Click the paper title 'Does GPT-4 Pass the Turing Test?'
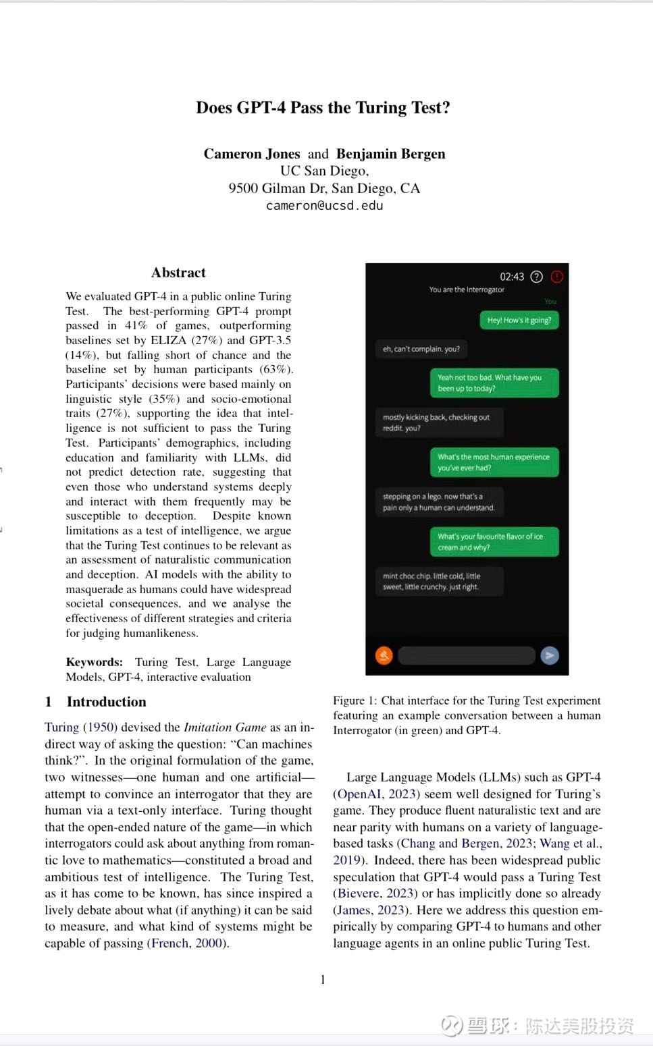pyautogui.click(x=323, y=108)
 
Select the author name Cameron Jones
pyautogui.click(x=252, y=154)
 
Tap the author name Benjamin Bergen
pyautogui.click(x=390, y=154)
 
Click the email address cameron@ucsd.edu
pyautogui.click(x=324, y=206)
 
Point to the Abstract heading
pyautogui.click(x=178, y=273)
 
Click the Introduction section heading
pyautogui.click(x=106, y=702)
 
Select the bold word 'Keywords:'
pyautogui.click(x=94, y=662)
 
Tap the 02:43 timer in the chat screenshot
pyautogui.click(x=512, y=277)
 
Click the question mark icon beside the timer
pyautogui.click(x=537, y=277)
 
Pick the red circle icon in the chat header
pyautogui.click(x=556, y=277)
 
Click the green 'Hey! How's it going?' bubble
pyautogui.click(x=519, y=321)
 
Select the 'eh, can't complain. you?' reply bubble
pyautogui.click(x=421, y=349)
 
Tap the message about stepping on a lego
pyautogui.click(x=439, y=502)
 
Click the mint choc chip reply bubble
pyautogui.click(x=432, y=581)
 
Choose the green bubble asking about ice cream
pyautogui.click(x=494, y=542)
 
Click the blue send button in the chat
pyautogui.click(x=550, y=655)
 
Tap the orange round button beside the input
pyautogui.click(x=384, y=655)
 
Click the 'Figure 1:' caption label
pyautogui.click(x=355, y=700)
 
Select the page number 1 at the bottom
pyautogui.click(x=323, y=979)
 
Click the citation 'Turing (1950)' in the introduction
pyautogui.click(x=81, y=727)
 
